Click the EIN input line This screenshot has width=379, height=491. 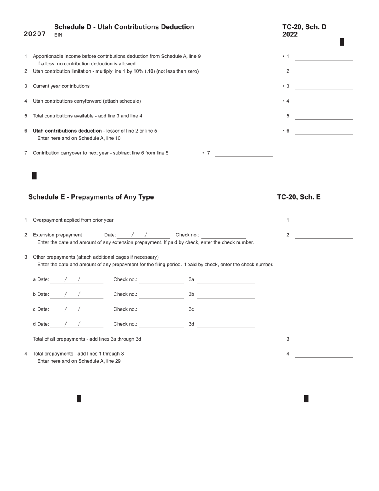pyautogui.click(x=94, y=35)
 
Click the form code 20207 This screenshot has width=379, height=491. pyautogui.click(x=35, y=34)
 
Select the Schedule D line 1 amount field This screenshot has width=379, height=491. pyautogui.click(x=324, y=57)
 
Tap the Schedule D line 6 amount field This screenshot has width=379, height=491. pyautogui.click(x=324, y=131)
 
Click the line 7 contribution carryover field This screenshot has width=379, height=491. pyautogui.click(x=243, y=154)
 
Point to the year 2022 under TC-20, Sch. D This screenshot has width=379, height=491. pyautogui.click(x=290, y=35)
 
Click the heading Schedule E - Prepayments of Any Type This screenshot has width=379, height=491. pyautogui.click(x=91, y=197)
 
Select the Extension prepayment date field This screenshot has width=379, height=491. pyautogui.click(x=143, y=235)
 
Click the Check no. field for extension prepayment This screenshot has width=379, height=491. pyautogui.click(x=223, y=235)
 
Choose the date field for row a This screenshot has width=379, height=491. pyautogui.click(x=76, y=280)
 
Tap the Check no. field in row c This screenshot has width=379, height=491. pyautogui.click(x=161, y=310)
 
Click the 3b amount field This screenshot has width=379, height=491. pyautogui.click(x=226, y=295)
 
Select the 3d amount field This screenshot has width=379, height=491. pyautogui.click(x=226, y=325)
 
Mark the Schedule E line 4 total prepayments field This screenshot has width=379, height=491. pyautogui.click(x=324, y=354)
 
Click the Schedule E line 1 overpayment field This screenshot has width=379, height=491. pyautogui.click(x=324, y=221)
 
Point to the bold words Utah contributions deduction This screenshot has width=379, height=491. pyautogui.click(x=67, y=131)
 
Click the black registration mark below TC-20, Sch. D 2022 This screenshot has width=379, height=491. pyautogui.click(x=342, y=42)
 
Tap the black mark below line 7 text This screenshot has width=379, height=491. pyautogui.click(x=34, y=176)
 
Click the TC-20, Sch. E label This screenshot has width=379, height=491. pyautogui.click(x=299, y=197)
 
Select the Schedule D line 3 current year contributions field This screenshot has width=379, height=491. pyautogui.click(x=324, y=87)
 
